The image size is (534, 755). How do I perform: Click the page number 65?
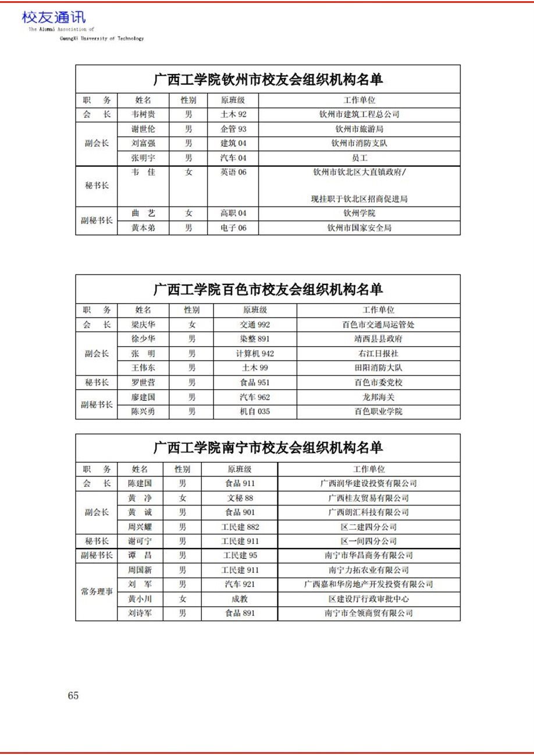(x=73, y=696)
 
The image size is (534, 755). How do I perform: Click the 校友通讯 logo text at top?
(x=54, y=17)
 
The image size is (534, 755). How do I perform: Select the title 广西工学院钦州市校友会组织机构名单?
(x=268, y=79)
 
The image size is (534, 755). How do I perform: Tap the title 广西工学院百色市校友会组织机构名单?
(x=268, y=289)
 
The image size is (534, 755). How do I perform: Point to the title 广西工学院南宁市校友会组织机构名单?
(x=268, y=448)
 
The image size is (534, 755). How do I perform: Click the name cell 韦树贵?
(x=143, y=115)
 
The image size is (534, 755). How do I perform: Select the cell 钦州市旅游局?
(x=359, y=129)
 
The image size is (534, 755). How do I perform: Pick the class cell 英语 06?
(x=233, y=172)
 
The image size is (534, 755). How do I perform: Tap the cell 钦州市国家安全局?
(x=359, y=228)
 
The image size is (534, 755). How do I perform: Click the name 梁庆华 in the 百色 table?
(x=143, y=325)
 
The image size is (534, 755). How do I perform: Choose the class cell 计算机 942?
(x=255, y=354)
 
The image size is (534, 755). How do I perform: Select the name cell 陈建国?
(x=140, y=483)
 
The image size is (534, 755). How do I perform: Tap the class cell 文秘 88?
(x=240, y=498)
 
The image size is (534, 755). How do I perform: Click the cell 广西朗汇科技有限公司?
(x=369, y=512)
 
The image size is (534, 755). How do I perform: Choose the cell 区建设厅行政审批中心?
(x=369, y=599)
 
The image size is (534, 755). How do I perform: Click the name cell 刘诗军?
(x=140, y=613)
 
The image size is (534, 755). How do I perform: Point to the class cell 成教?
(x=240, y=599)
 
